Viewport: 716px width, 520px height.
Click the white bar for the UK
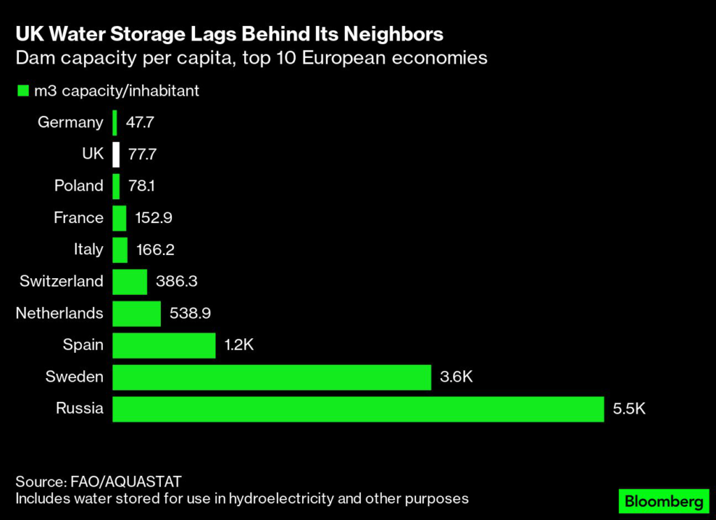coord(116,154)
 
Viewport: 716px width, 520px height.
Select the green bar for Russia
coord(357,409)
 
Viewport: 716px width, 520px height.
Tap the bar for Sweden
coord(271,377)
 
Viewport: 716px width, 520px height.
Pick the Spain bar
coord(164,345)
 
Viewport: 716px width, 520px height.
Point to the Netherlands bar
coord(136,313)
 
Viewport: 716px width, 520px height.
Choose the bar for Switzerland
coord(129,282)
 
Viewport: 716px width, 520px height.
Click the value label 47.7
coord(140,123)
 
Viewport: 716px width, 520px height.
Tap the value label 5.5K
coord(629,409)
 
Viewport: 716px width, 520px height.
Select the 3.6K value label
coord(457,377)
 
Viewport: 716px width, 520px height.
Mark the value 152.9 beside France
coord(153,218)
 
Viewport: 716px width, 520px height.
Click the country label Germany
coord(70,123)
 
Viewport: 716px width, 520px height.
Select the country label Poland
coord(78,187)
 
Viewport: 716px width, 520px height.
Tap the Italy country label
coord(88,250)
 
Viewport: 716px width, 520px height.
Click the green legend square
coord(22,91)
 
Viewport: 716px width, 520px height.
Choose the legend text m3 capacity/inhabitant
coord(117,91)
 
